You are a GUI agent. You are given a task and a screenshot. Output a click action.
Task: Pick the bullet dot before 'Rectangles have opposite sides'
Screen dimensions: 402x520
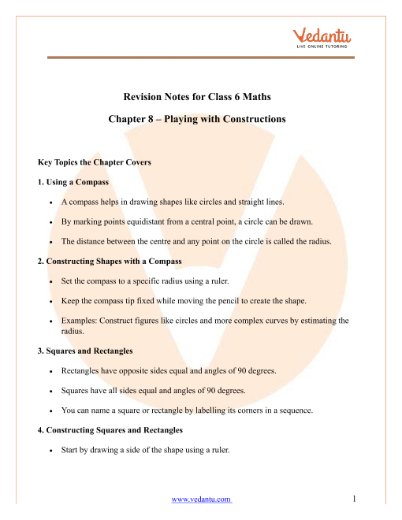(x=50, y=368)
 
